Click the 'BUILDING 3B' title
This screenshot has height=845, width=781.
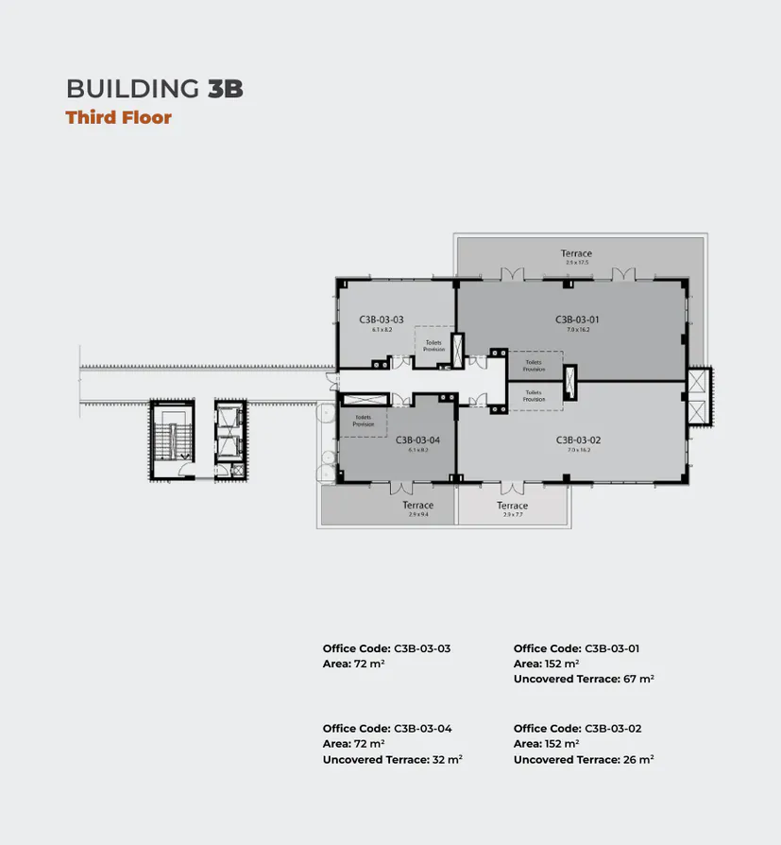(155, 89)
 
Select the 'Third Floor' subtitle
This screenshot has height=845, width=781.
(118, 118)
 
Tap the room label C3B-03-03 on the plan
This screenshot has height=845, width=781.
(381, 320)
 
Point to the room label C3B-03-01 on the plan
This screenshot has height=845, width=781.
(577, 320)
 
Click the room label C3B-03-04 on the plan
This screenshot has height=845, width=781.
(417, 440)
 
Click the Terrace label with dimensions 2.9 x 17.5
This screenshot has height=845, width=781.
(576, 254)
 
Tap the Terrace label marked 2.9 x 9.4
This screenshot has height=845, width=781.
(417, 507)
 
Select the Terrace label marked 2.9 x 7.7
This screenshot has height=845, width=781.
(514, 507)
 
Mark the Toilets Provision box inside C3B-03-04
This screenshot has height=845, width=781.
(364, 421)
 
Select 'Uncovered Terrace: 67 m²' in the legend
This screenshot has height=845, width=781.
(584, 680)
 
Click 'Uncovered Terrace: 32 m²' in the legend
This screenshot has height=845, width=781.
(392, 760)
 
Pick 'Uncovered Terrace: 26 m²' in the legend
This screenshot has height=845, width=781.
(584, 760)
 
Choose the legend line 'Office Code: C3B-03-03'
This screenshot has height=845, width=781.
(386, 648)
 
